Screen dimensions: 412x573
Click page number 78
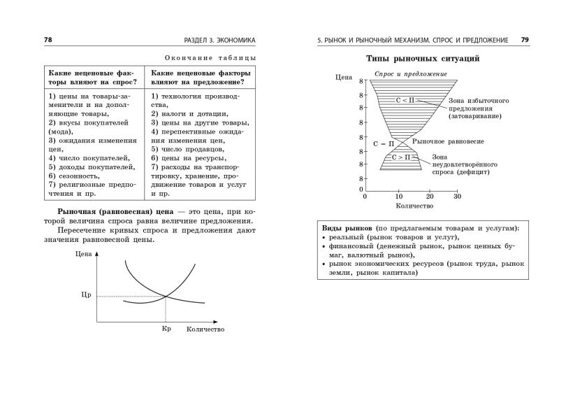pyautogui.click(x=48, y=40)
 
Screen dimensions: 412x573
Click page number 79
pyautogui.click(x=525, y=40)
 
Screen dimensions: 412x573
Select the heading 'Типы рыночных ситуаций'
pyautogui.click(x=423, y=59)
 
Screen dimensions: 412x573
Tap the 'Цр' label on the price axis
pyautogui.click(x=87, y=294)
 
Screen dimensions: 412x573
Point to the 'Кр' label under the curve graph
pyautogui.click(x=166, y=328)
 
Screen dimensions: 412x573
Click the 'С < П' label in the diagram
pyautogui.click(x=405, y=100)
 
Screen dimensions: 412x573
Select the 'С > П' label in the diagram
pyautogui.click(x=401, y=157)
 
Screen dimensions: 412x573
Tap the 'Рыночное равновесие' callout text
pyautogui.click(x=448, y=142)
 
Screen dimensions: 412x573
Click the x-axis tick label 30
pyautogui.click(x=457, y=197)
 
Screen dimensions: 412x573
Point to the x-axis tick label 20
pyautogui.click(x=428, y=197)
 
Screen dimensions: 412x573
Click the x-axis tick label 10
pyautogui.click(x=398, y=197)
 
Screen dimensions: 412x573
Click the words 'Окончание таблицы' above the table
pyautogui.click(x=210, y=58)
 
